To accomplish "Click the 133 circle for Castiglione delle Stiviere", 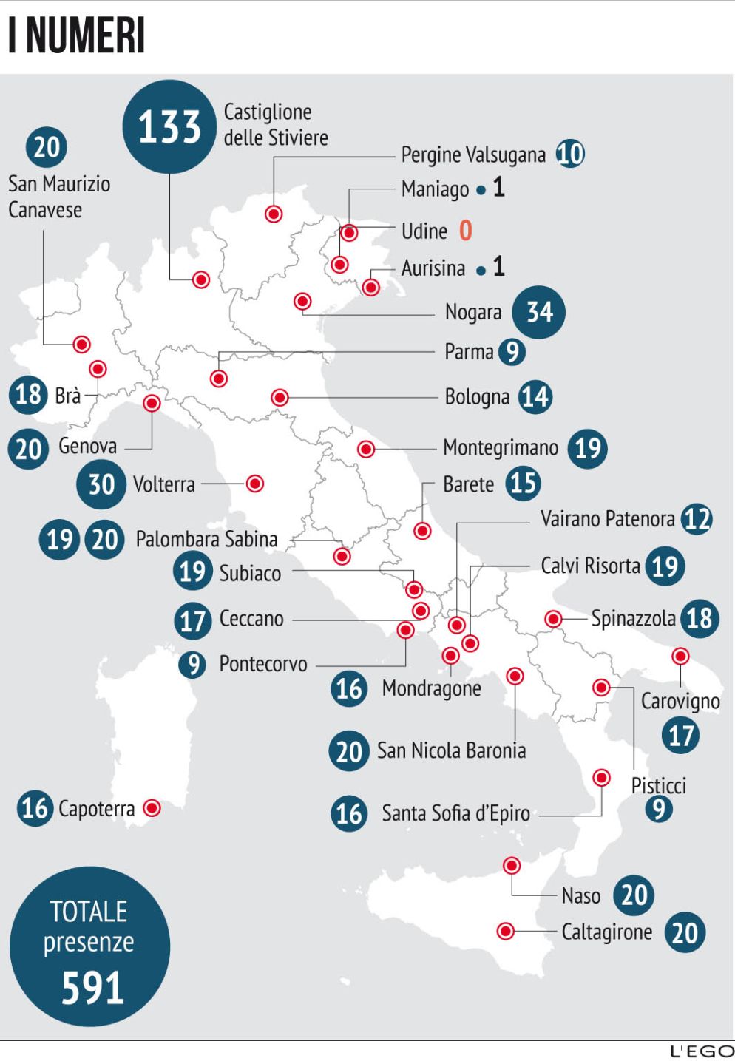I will tap(170, 126).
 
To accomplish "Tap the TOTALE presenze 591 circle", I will tap(89, 946).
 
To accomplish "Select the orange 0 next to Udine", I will tap(465, 231).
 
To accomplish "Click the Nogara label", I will tap(473, 312).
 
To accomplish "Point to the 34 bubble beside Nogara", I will tap(539, 312).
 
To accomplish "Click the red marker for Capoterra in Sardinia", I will tap(152, 808).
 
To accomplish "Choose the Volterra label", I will tap(164, 485).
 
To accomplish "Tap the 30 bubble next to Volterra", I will tap(101, 484).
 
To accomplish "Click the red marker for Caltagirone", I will tap(506, 931).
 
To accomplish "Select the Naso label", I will tap(580, 896).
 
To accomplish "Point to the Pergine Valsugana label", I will tap(473, 155).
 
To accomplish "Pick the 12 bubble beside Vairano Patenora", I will tap(697, 519).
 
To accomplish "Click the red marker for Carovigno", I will tap(680, 656).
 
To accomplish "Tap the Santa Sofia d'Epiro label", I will tap(455, 814).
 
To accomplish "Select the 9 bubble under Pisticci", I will tap(658, 809).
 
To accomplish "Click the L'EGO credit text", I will tap(702, 1051).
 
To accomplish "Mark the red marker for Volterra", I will tap(255, 484).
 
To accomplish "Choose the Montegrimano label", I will tap(501, 448).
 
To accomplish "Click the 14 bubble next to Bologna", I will tap(535, 397).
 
